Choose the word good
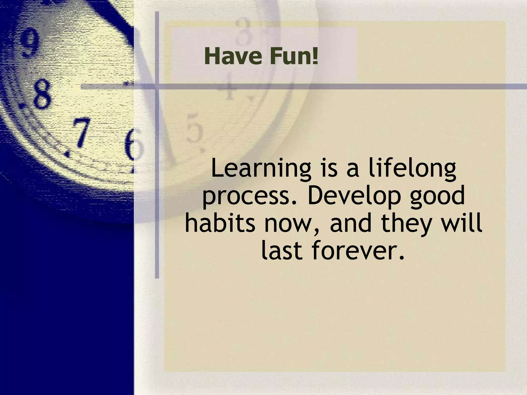437,197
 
